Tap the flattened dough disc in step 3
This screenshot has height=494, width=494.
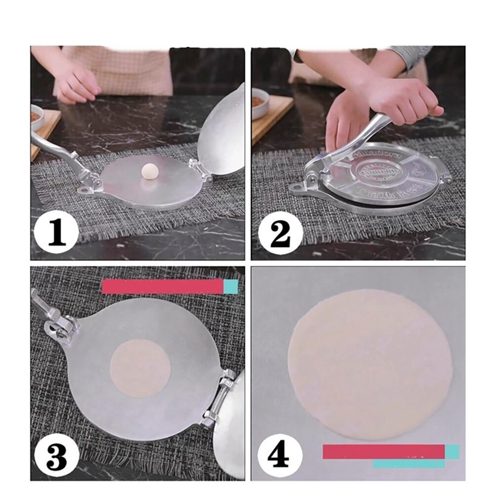140,368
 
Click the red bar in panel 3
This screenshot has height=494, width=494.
163,287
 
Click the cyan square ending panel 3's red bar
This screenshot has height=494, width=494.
231,287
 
